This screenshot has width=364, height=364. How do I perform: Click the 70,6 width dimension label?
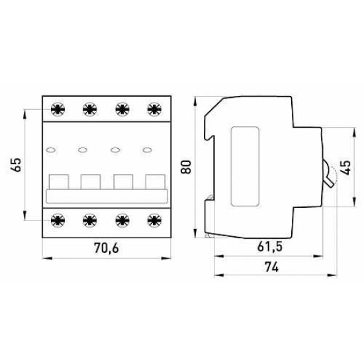pos(107,248)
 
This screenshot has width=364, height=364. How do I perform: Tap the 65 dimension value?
pos(17,165)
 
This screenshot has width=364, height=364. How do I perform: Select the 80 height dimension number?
pos(186,167)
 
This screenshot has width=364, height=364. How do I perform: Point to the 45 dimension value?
pos(346,167)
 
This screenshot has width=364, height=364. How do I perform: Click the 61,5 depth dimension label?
pos(270,247)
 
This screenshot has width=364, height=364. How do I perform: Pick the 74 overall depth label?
pos(271,267)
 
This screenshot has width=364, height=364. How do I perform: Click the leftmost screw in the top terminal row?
pos(58,109)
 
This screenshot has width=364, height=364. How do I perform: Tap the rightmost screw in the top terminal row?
pos(154,109)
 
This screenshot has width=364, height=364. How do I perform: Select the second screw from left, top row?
pos(90,109)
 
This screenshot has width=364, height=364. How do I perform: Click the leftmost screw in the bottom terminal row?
pos(58,220)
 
